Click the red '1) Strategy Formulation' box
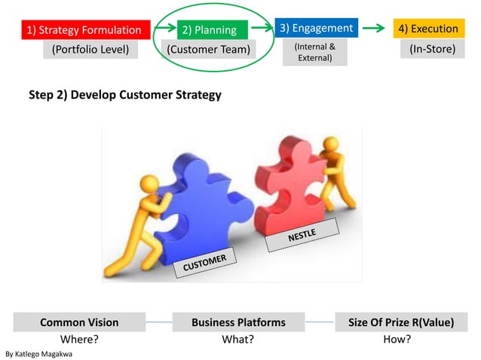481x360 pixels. point(84,30)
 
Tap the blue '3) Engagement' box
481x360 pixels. point(316,28)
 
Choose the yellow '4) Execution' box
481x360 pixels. point(428,29)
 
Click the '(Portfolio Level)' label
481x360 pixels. point(90,50)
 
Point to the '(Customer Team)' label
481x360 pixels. point(209,50)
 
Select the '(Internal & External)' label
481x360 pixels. point(315,52)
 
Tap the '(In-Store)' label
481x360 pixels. point(432,50)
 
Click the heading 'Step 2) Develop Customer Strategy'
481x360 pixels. point(124,96)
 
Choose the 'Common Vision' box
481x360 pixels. point(79,322)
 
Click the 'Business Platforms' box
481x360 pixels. point(238,322)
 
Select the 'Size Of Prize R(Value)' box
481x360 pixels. point(400,322)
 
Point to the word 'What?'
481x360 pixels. point(237,339)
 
